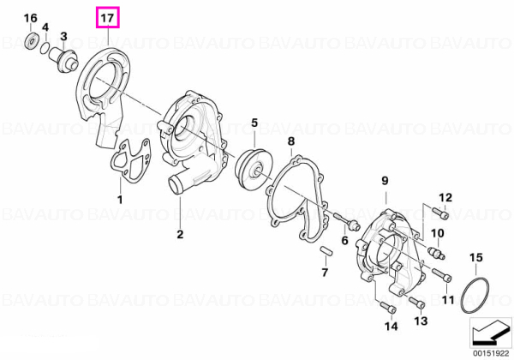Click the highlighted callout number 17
(x=108, y=18)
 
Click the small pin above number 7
(x=326, y=251)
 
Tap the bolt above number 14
(x=388, y=307)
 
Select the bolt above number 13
(x=417, y=303)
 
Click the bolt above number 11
(x=442, y=275)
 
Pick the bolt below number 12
(x=440, y=213)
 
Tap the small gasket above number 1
(x=131, y=160)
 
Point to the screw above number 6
(x=347, y=221)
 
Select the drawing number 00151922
(x=490, y=354)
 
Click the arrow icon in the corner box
(x=490, y=333)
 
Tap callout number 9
(x=385, y=181)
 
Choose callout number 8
(x=291, y=141)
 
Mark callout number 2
(x=180, y=234)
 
